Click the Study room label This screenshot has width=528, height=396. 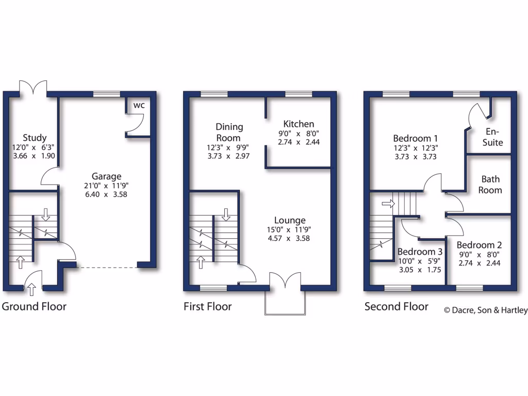click(35, 138)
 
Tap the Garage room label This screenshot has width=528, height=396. click(106, 176)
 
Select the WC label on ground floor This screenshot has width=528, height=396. click(139, 105)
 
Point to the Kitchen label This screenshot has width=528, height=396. click(299, 124)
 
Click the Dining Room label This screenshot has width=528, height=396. click(229, 132)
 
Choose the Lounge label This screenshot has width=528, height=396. click(290, 220)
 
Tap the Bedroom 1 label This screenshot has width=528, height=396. click(415, 138)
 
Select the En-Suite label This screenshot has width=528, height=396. click(492, 137)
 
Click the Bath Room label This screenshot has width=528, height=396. click(491, 184)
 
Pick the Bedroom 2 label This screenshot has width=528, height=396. click(479, 245)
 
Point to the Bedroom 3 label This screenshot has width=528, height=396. click(420, 252)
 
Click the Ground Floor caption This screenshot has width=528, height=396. click(34, 307)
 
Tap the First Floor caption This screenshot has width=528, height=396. click(208, 307)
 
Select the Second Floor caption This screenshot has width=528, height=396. click(396, 307)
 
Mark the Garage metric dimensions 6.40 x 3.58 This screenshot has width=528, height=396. click(106, 194)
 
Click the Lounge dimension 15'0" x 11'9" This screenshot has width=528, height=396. click(290, 229)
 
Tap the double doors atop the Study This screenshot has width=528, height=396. click(33, 88)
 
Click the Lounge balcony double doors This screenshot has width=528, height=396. click(285, 282)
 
